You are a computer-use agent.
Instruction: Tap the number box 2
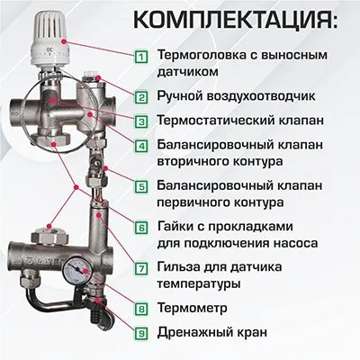point(141,95)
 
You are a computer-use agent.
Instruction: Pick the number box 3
point(141,121)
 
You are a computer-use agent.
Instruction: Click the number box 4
point(141,146)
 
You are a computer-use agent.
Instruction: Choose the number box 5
point(141,186)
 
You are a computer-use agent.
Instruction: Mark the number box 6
point(141,228)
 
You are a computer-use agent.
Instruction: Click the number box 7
point(141,267)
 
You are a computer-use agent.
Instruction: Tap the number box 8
point(141,309)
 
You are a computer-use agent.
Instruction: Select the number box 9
point(141,333)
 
